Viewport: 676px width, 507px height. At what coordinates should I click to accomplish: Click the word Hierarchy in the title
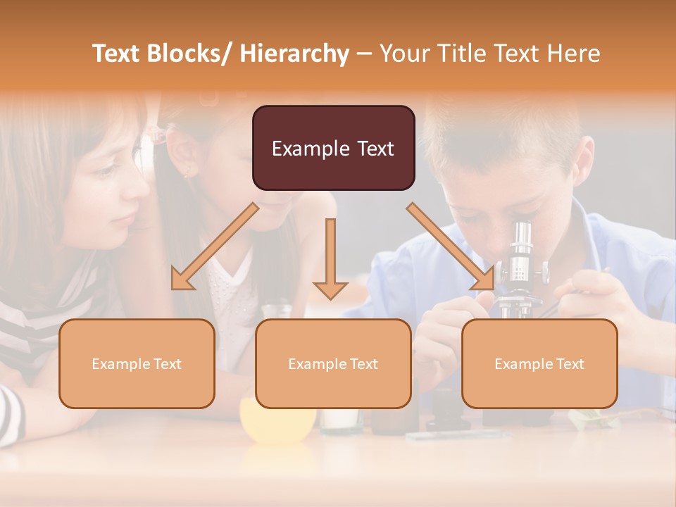click(x=294, y=54)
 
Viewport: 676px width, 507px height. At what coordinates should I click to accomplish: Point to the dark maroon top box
click(x=333, y=148)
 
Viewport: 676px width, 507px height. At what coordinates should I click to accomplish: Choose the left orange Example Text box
click(x=137, y=363)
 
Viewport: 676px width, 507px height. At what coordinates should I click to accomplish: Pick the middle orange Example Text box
click(x=333, y=363)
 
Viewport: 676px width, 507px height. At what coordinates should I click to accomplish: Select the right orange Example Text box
click(x=539, y=363)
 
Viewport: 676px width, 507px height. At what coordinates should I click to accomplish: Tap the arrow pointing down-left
click(x=214, y=246)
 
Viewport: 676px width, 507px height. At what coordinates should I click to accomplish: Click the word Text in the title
click(x=119, y=54)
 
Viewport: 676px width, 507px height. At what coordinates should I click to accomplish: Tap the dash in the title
click(x=364, y=54)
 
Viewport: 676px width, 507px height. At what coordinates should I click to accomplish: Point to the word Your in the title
click(x=404, y=54)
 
